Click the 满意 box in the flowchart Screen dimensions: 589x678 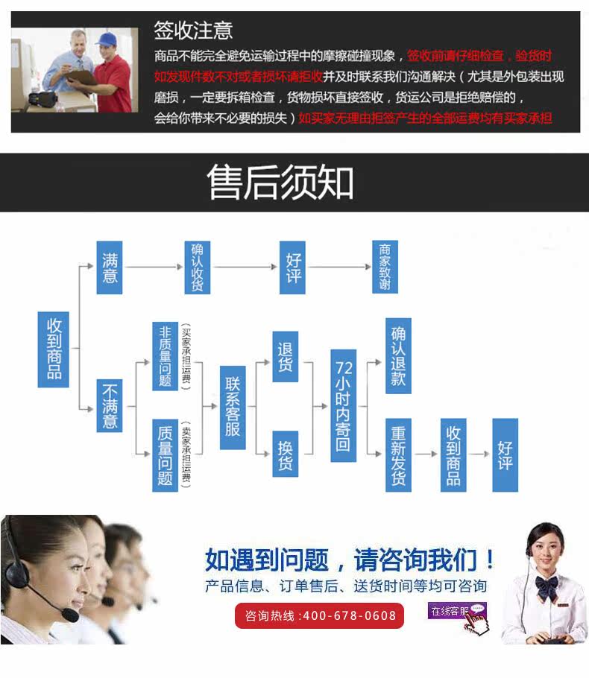tap(110, 267)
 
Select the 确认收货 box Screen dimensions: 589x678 tap(197, 267)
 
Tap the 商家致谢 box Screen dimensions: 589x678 tap(385, 267)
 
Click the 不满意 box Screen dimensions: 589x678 tap(110, 405)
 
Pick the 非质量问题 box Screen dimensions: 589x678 tap(165, 356)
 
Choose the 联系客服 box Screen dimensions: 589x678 tap(232, 407)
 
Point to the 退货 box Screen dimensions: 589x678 tap(285, 356)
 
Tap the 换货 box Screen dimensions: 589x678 tap(285, 454)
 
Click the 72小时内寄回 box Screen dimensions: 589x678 tap(343, 406)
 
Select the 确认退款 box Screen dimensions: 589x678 tap(398, 356)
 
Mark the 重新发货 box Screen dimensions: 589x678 tap(398, 454)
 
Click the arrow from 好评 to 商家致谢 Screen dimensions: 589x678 tap(340, 267)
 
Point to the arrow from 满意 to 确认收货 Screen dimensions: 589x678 tap(153, 267)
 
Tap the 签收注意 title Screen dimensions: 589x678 tap(193, 31)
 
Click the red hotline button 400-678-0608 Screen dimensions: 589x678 tap(320, 616)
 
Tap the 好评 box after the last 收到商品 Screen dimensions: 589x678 tap(505, 454)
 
